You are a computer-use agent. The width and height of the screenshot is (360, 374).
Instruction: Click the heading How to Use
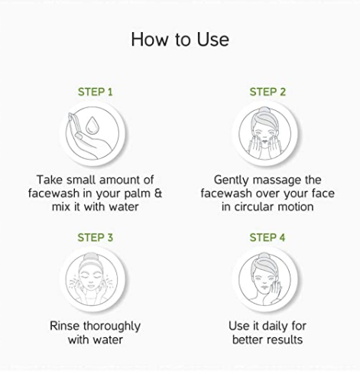[180, 40]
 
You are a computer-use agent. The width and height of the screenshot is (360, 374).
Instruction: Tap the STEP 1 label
[95, 92]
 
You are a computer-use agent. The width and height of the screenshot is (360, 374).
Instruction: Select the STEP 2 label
[268, 92]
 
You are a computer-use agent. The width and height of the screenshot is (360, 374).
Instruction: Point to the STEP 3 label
[95, 238]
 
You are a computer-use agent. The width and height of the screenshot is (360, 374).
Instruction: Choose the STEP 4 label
[268, 238]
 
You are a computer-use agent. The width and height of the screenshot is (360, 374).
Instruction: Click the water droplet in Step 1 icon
[92, 125]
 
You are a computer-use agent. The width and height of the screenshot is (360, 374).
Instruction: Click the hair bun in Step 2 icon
[265, 110]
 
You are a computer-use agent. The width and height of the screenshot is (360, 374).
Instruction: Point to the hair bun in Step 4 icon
[264, 256]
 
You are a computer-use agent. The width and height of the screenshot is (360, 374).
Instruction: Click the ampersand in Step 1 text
[158, 193]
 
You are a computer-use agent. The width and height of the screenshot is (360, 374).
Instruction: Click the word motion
[296, 207]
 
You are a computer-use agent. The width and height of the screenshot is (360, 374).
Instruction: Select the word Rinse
[65, 326]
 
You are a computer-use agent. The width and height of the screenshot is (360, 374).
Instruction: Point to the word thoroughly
[112, 327]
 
